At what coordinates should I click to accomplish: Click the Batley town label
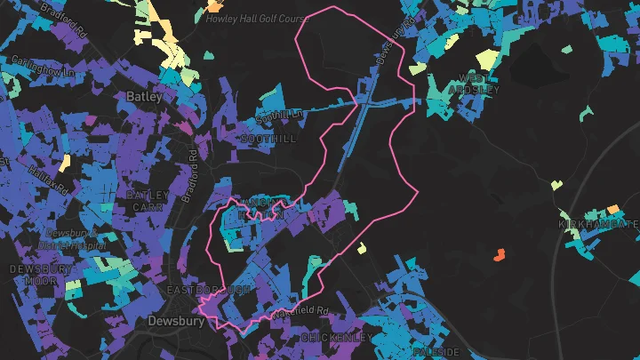[x=144, y=96]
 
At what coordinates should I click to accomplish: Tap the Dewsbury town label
[x=172, y=321]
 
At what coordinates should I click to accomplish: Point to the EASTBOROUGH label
[x=209, y=291]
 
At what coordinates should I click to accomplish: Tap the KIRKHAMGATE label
[x=598, y=224]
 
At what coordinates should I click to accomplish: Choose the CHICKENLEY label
[x=336, y=338]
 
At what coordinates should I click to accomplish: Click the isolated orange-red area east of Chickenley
[x=499, y=255]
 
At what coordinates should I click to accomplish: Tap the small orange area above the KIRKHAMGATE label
[x=612, y=210]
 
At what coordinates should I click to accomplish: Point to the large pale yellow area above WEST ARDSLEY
[x=487, y=60]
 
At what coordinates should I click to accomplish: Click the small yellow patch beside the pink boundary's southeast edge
[x=362, y=248]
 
